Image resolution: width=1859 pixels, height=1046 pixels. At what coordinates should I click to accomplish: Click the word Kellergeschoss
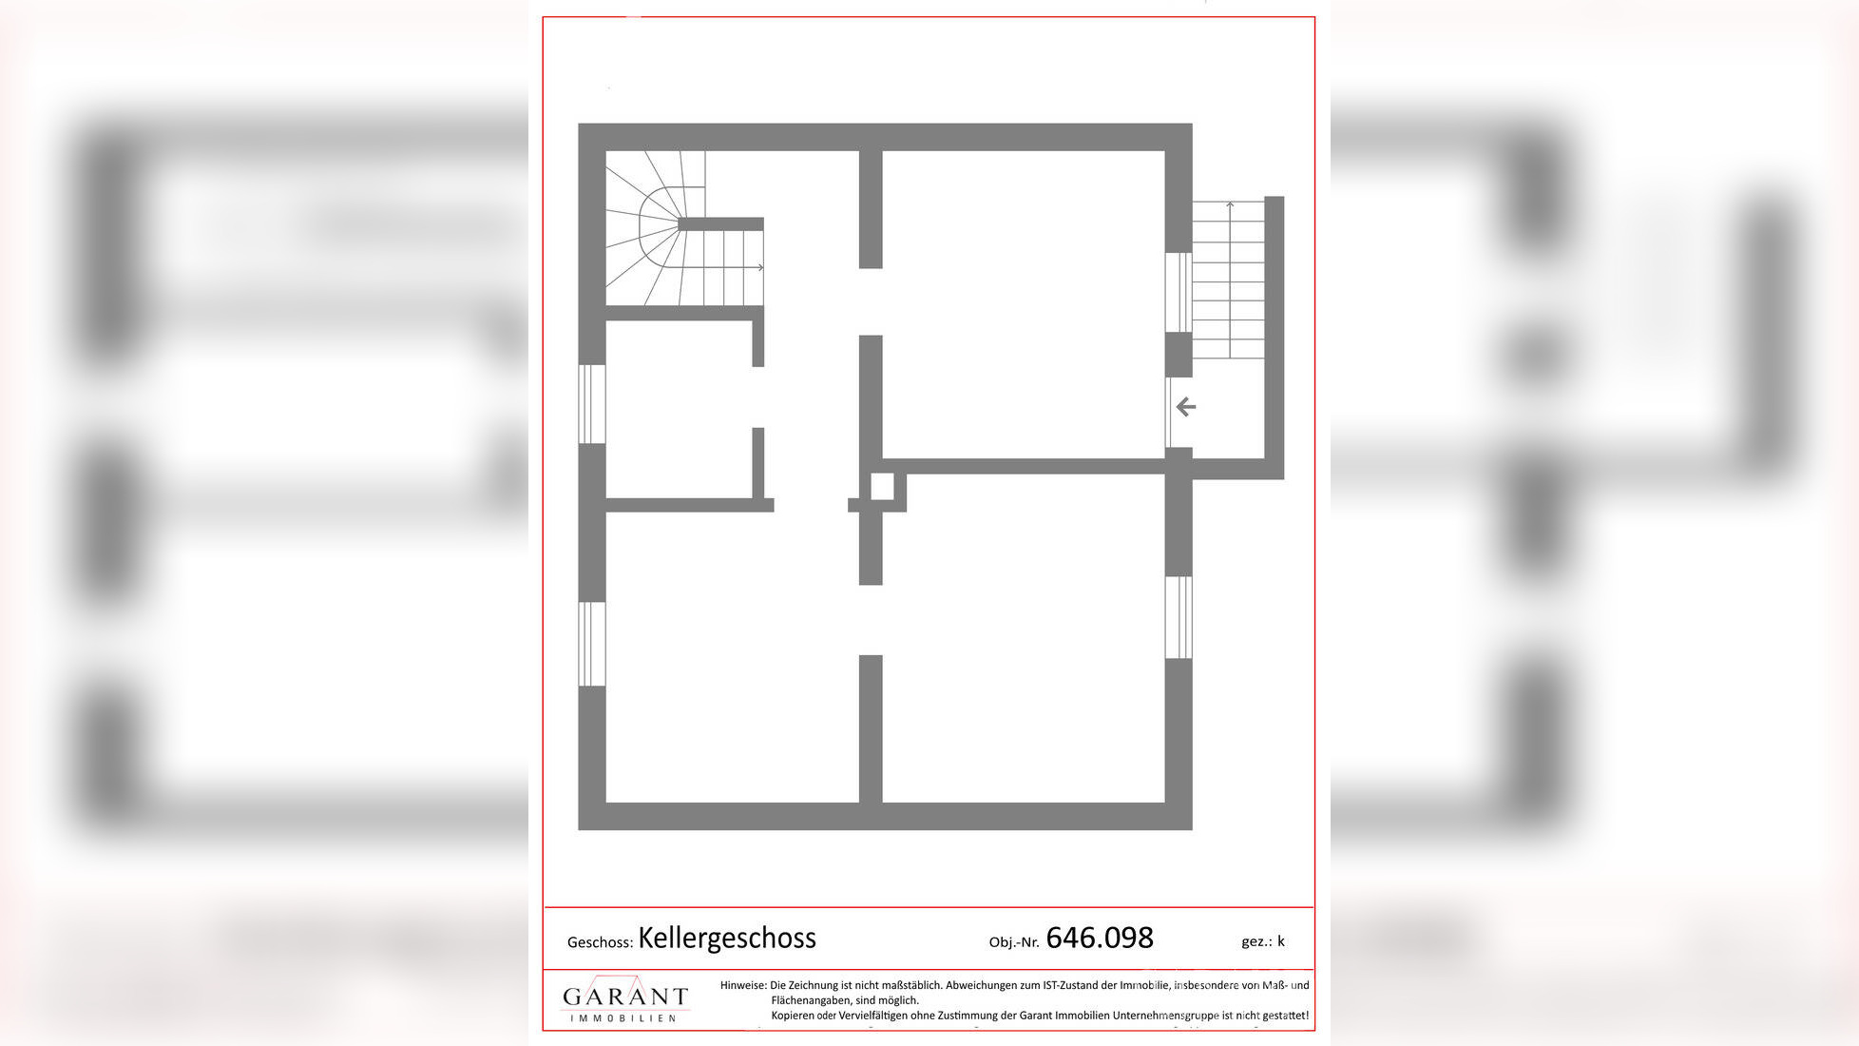[726, 939]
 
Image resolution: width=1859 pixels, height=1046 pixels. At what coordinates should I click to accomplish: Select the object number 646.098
[1100, 939]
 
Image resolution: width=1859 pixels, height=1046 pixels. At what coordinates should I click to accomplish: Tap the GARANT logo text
[624, 997]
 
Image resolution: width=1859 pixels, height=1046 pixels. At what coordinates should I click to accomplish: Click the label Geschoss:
[600, 942]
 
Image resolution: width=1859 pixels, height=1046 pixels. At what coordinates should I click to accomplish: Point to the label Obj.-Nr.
[1014, 942]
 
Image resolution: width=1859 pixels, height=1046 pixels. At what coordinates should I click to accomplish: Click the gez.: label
[1256, 941]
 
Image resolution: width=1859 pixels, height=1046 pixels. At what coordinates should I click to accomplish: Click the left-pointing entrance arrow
[1186, 408]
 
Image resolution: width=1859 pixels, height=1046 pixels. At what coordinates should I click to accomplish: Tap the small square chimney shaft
[882, 486]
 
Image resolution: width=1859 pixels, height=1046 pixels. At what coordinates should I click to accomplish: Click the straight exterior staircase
[1229, 281]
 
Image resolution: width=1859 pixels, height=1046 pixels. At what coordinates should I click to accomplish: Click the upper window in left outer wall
[592, 404]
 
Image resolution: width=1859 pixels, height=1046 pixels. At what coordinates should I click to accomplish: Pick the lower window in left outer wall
[592, 644]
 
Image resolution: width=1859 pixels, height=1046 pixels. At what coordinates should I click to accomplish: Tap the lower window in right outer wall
[1179, 617]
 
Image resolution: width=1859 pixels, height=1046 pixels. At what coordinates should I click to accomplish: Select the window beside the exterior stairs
[1179, 292]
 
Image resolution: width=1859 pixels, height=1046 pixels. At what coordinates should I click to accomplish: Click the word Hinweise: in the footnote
[743, 986]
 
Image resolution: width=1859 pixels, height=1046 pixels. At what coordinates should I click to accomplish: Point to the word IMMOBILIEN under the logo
[623, 1018]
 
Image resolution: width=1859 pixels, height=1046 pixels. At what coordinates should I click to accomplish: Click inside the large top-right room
[1024, 304]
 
